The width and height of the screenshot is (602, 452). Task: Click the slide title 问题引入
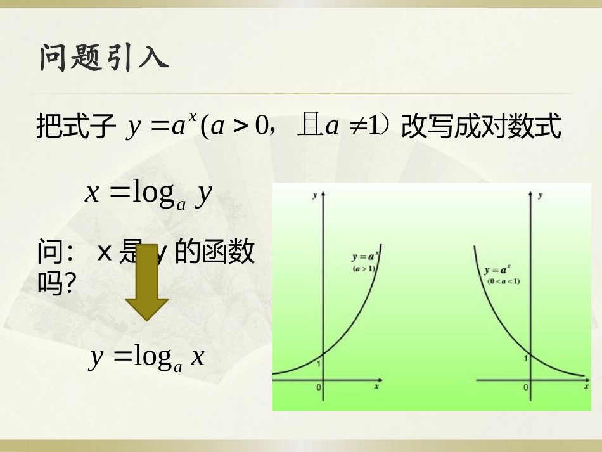click(104, 58)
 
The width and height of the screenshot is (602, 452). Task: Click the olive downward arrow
click(146, 282)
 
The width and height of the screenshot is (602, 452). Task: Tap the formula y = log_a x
click(147, 358)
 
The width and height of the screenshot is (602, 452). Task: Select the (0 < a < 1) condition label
click(503, 280)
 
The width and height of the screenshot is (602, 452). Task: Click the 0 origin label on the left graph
click(319, 387)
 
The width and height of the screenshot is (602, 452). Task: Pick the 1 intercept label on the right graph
click(525, 358)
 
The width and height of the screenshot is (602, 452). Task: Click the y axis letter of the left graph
click(315, 196)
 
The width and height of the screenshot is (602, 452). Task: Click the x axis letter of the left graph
click(376, 386)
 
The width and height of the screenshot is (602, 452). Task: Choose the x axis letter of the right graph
click(582, 386)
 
